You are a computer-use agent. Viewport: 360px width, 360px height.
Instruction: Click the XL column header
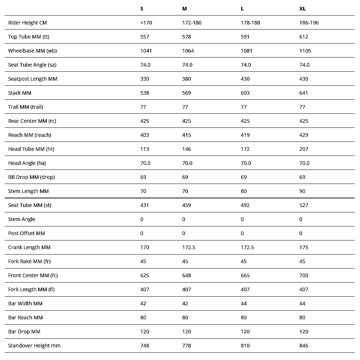click(x=302, y=9)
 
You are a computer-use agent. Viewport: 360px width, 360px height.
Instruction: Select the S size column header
click(x=142, y=9)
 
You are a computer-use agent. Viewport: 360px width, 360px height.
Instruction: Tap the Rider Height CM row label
click(x=27, y=23)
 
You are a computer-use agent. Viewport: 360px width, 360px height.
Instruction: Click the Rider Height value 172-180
click(x=192, y=23)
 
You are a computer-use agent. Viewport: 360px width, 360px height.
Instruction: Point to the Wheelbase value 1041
click(x=146, y=51)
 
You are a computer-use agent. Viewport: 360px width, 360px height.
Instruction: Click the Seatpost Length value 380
click(x=186, y=79)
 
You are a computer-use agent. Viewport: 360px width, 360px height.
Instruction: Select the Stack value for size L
click(x=245, y=93)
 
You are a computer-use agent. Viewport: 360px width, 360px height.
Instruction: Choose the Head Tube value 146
click(x=186, y=149)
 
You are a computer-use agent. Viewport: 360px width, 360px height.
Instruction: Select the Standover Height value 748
click(x=145, y=346)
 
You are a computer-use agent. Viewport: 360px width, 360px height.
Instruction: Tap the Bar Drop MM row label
click(x=24, y=332)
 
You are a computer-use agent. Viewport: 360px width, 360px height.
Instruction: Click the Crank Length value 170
click(x=145, y=247)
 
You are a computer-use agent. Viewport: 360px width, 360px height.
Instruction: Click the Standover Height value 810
click(x=245, y=346)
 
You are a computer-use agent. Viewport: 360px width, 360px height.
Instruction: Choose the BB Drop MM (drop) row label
click(x=31, y=177)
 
